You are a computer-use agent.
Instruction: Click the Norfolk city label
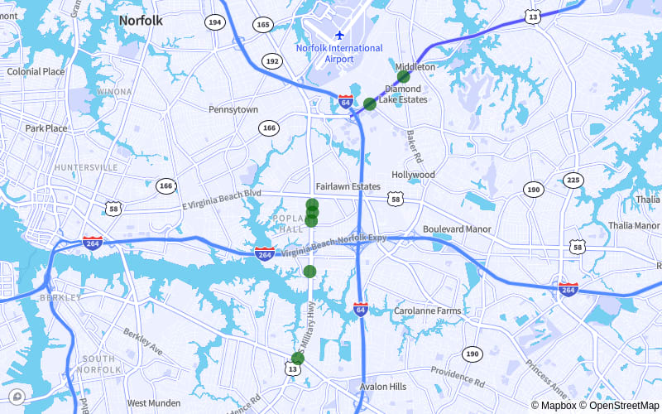(x=141, y=20)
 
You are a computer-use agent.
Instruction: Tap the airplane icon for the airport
(x=339, y=35)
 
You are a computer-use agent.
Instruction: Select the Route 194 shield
(x=215, y=22)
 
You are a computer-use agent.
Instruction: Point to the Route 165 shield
(x=263, y=25)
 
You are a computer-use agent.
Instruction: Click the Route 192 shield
(x=271, y=61)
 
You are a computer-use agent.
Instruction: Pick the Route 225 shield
(x=573, y=180)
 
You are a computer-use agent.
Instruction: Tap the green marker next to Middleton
(x=404, y=77)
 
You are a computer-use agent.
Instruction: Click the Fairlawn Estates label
(x=348, y=187)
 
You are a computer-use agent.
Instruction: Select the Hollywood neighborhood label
(x=413, y=176)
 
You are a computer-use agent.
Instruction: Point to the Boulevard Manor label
(x=457, y=229)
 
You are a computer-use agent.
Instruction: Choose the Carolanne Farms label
(x=427, y=311)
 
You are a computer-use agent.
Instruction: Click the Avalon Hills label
(x=383, y=387)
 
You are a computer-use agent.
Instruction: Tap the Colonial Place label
(x=36, y=72)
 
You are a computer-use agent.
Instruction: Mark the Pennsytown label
(x=233, y=110)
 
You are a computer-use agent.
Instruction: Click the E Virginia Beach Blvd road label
(x=221, y=199)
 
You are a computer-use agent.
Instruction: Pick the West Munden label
(x=154, y=403)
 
